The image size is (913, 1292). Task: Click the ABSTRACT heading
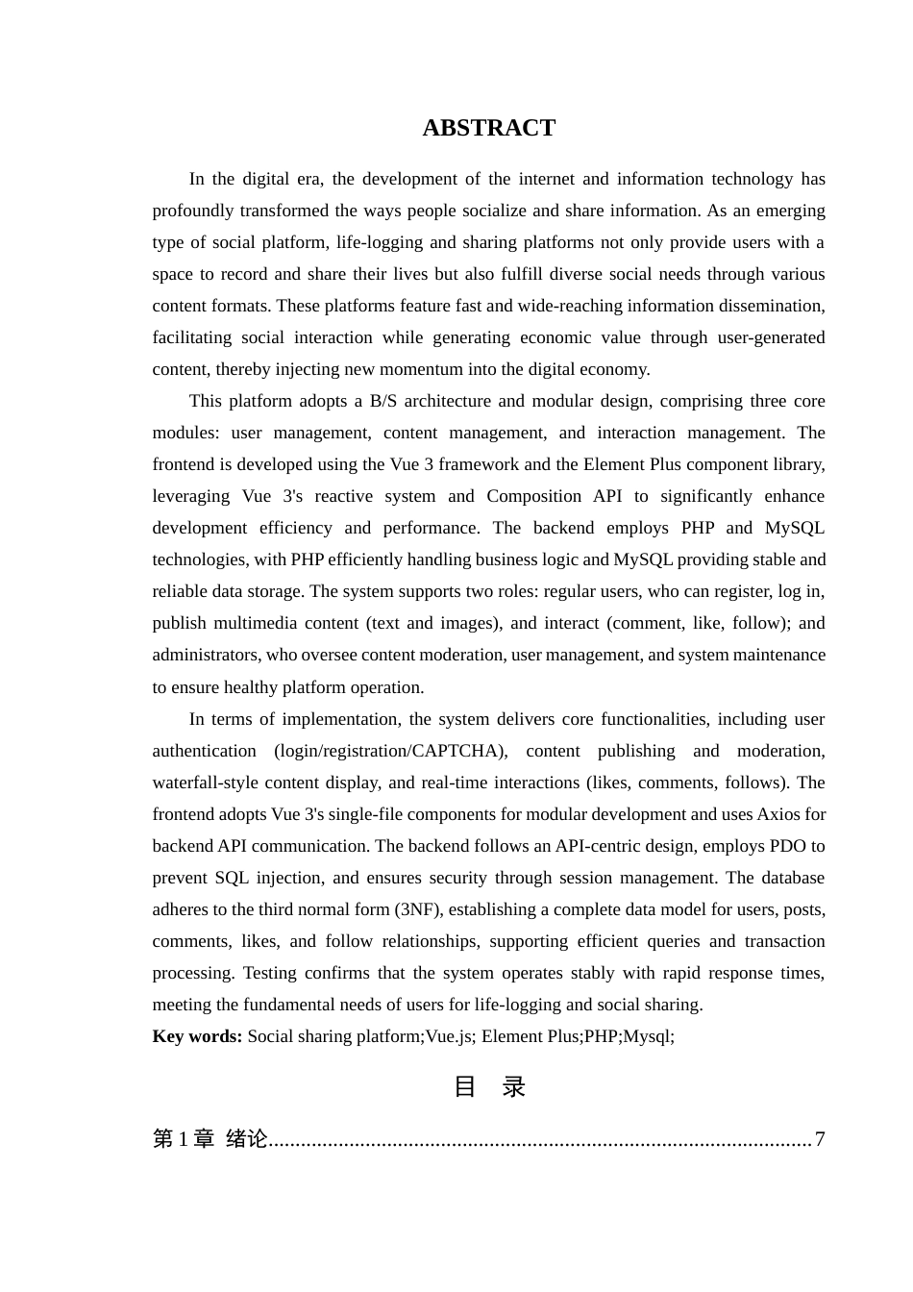point(488,128)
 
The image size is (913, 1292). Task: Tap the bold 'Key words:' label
point(197,1036)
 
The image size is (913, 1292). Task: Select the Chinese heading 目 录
point(488,1086)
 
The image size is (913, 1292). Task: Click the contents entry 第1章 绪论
point(210,1139)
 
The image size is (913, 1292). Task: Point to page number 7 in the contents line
point(820,1139)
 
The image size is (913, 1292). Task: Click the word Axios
point(778,814)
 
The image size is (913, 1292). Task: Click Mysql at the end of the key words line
point(647,1036)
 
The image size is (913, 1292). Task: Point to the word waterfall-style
point(206,783)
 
